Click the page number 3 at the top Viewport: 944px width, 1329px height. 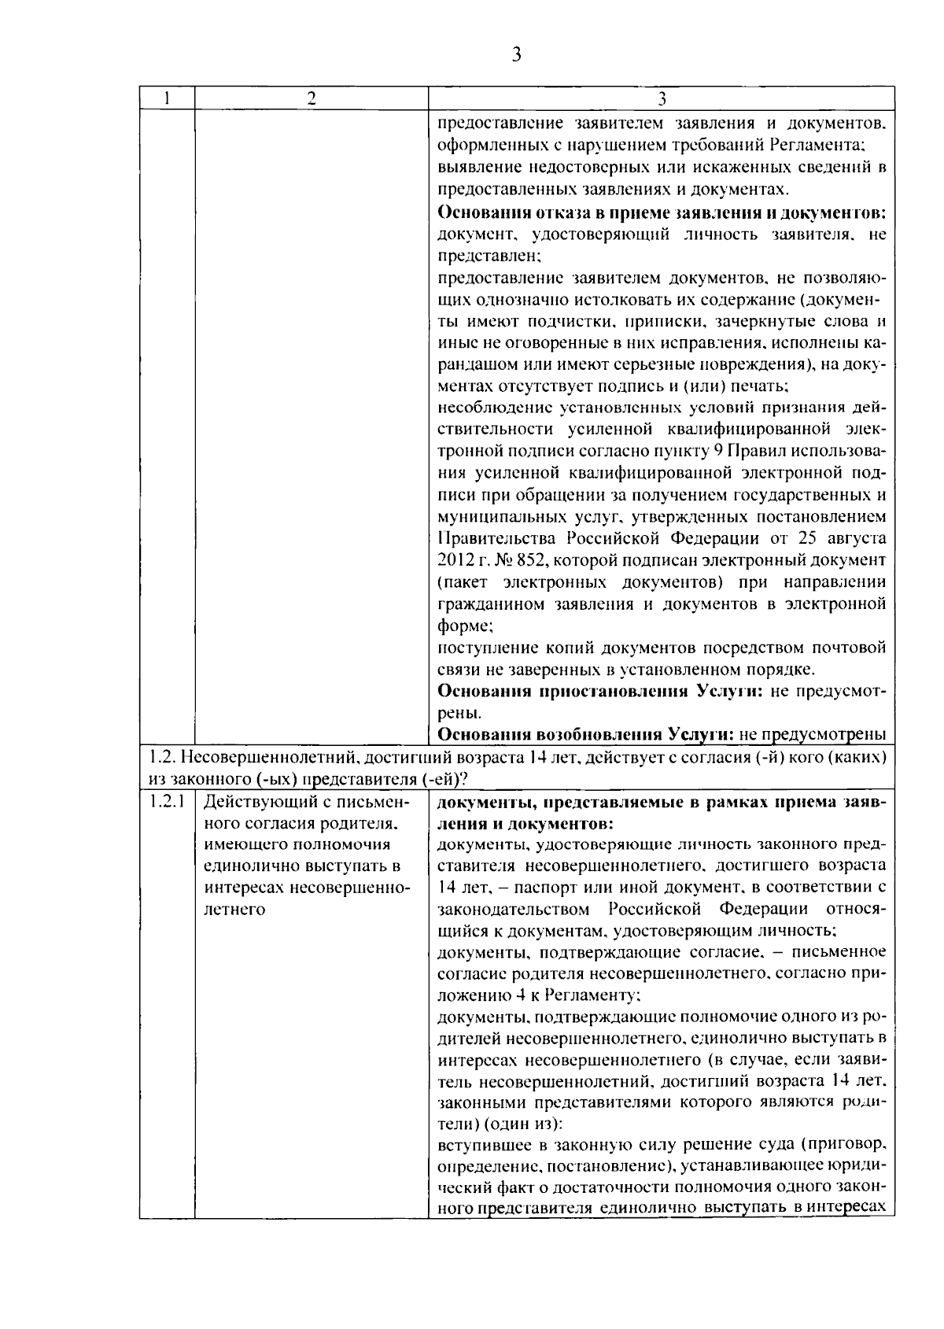point(516,54)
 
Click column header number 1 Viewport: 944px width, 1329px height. point(168,98)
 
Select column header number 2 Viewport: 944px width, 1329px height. point(312,98)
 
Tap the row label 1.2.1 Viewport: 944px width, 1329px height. point(167,803)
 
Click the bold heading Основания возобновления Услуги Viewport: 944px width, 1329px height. point(585,735)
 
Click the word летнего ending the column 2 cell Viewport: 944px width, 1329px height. point(235,910)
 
